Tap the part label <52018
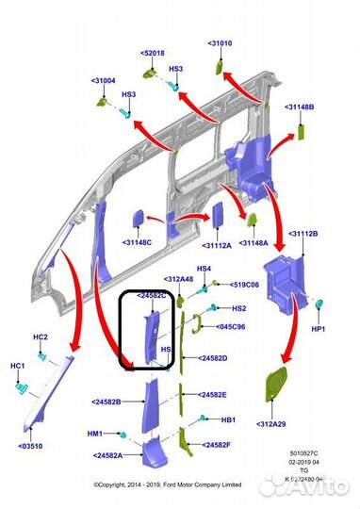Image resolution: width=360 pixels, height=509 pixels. click(153, 54)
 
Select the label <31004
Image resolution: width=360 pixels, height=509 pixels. click(104, 81)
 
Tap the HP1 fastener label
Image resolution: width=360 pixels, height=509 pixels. click(318, 329)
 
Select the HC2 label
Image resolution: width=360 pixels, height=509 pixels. click(41, 337)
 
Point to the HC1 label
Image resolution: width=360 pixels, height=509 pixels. click(18, 365)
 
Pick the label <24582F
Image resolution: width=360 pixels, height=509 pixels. click(214, 443)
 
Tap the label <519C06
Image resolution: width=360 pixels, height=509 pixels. click(247, 284)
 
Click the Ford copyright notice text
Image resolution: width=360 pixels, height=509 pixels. click(168, 484)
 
